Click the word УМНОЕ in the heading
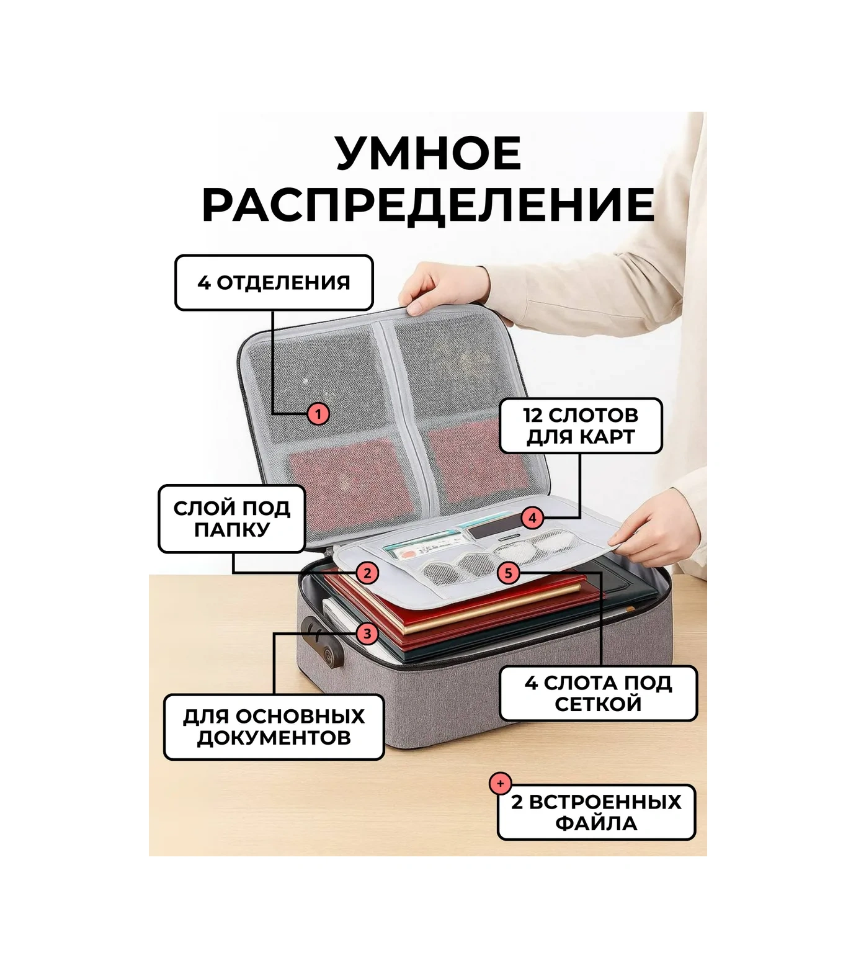click(429, 153)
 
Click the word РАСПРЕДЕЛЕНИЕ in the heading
click(429, 204)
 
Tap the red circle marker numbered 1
click(318, 413)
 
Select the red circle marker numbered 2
click(367, 573)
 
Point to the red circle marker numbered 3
click(367, 634)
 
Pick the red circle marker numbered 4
click(532, 518)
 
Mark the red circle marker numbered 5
click(508, 573)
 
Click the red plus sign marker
click(500, 783)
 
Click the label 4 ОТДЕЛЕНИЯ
click(274, 282)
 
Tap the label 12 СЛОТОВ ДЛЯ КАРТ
click(581, 426)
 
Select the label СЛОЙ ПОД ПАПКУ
click(232, 519)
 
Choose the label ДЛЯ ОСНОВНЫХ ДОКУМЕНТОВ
click(274, 727)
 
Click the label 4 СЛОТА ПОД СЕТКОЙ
click(599, 693)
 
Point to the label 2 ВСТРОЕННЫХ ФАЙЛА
click(596, 812)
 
